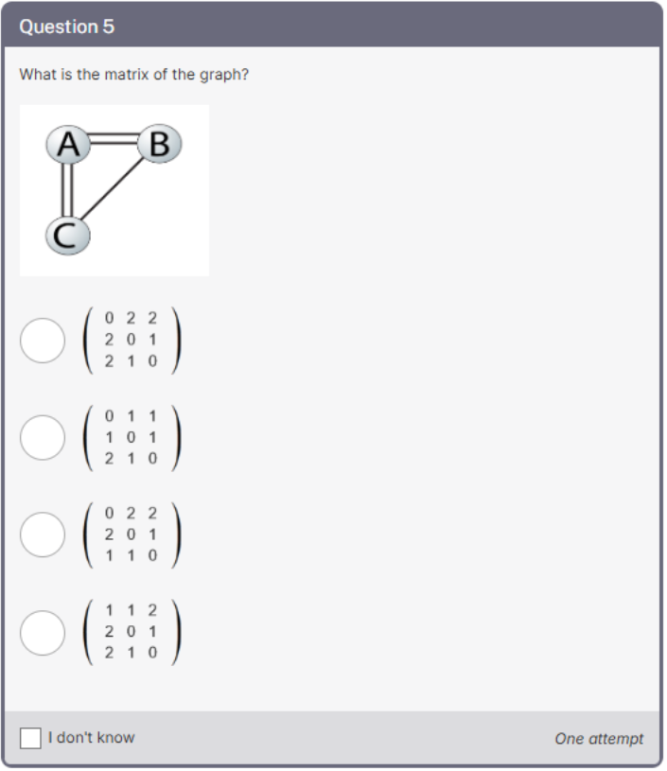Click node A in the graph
(67, 145)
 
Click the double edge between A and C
(67, 190)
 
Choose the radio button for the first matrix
(43, 341)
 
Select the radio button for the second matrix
(43, 437)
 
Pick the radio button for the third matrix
(43, 534)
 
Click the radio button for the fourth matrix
(43, 632)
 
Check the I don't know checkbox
(31, 738)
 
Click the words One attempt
(598, 739)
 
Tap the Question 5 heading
(67, 26)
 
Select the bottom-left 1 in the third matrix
(111, 555)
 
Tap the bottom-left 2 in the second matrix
(111, 458)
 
